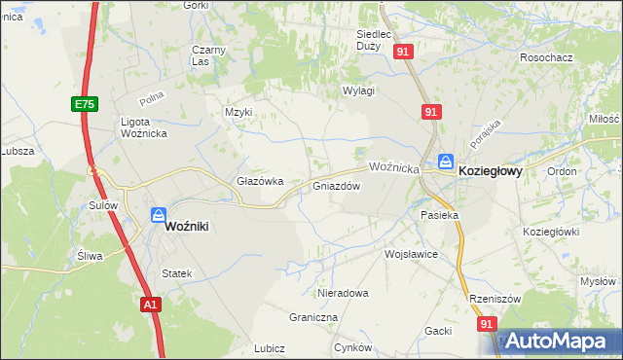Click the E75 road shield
click(83, 102)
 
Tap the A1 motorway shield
click(149, 305)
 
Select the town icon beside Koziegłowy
click(445, 162)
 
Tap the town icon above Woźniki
click(158, 215)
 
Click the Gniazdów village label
click(337, 186)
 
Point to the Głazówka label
click(260, 181)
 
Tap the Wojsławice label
click(412, 254)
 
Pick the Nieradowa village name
click(344, 292)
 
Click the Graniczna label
click(313, 317)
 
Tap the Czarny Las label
click(208, 54)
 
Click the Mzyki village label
click(238, 112)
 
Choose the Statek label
click(176, 274)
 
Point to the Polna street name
click(151, 97)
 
